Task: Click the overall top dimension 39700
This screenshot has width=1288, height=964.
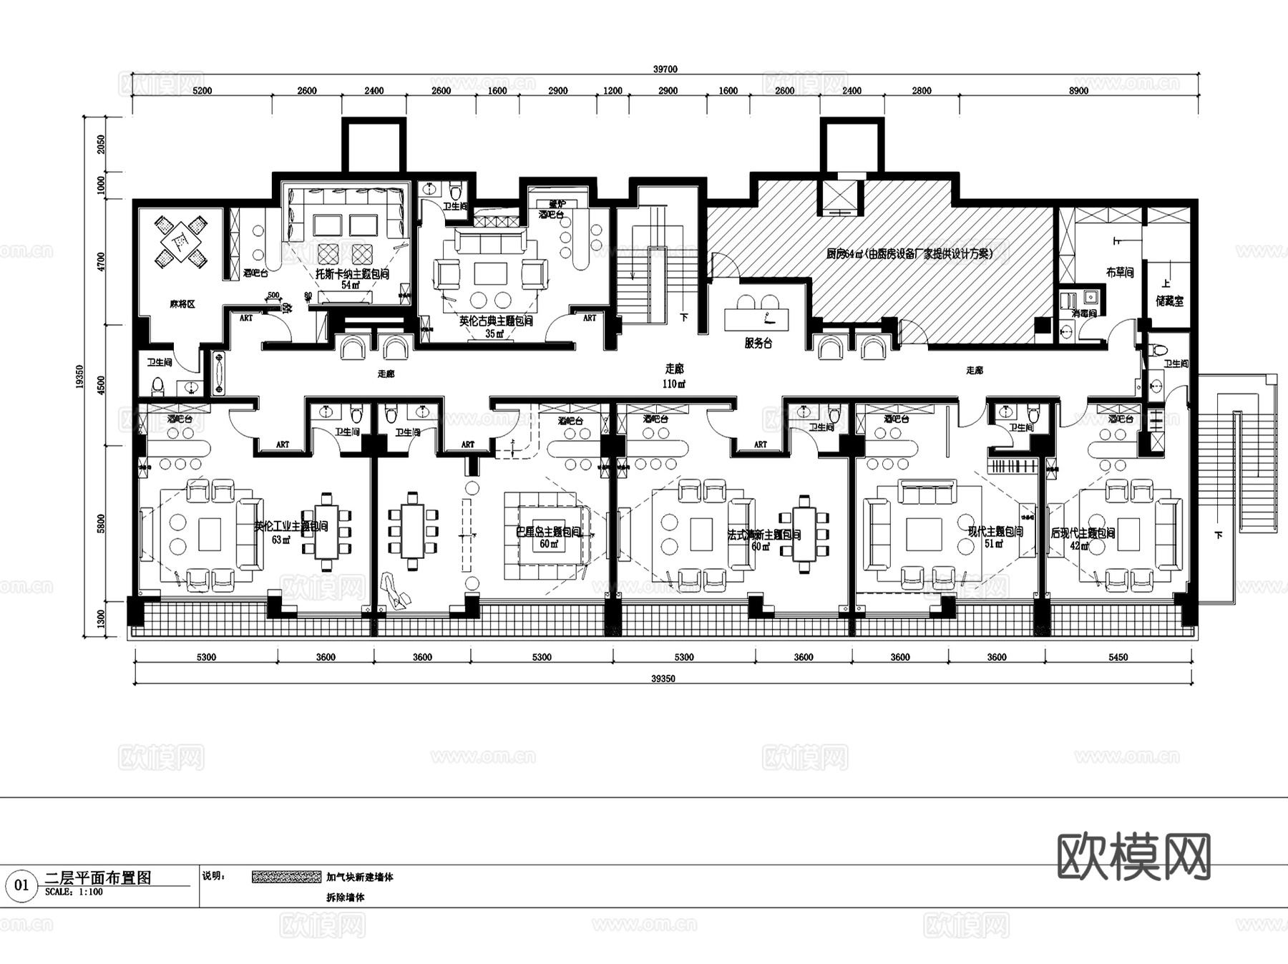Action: click(x=665, y=69)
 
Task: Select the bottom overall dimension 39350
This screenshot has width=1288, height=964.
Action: click(x=663, y=678)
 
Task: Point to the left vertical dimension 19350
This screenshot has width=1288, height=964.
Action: click(x=80, y=377)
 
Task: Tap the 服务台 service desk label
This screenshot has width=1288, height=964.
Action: click(x=758, y=343)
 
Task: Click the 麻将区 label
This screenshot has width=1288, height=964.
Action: click(x=182, y=304)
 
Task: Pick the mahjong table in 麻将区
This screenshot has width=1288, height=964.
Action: click(x=182, y=241)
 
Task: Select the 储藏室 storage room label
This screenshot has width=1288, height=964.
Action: click(x=1169, y=301)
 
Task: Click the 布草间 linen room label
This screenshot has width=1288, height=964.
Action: click(x=1119, y=272)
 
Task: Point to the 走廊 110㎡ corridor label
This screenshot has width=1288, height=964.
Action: click(x=674, y=376)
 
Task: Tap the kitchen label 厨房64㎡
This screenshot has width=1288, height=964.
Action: click(x=909, y=253)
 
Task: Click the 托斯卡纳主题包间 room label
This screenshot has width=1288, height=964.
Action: click(x=353, y=274)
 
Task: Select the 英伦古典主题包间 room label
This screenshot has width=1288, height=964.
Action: click(x=496, y=321)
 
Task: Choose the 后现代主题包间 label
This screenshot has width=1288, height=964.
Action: click(x=1083, y=533)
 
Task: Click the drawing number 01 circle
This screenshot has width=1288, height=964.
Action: click(x=21, y=885)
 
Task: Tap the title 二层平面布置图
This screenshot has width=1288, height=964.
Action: click(x=98, y=877)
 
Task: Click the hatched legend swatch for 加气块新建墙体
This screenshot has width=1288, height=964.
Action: click(x=286, y=877)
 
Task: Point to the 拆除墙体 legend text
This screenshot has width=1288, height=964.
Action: click(x=346, y=897)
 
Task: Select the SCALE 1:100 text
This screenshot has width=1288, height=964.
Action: click(x=74, y=892)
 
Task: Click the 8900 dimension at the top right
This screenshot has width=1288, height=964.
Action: click(x=1078, y=91)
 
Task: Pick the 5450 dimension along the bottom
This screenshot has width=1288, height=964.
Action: click(x=1118, y=657)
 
